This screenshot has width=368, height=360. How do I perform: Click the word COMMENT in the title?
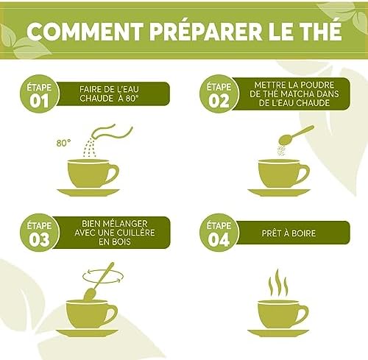click(85, 32)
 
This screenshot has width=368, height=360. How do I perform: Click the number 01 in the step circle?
click(39, 101)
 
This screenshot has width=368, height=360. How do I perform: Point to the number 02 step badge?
click(219, 93)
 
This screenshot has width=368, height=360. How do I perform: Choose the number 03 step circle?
click(39, 233)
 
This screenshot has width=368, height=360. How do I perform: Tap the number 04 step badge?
click(219, 233)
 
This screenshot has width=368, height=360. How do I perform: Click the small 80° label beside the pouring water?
click(63, 143)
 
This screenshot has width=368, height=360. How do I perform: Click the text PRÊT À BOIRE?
click(289, 233)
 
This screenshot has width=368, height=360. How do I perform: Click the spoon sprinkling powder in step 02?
click(297, 135)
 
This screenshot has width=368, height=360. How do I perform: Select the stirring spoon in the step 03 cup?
click(99, 281)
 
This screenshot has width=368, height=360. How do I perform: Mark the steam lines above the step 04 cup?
click(278, 282)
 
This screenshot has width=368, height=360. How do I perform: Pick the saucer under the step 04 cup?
click(278, 333)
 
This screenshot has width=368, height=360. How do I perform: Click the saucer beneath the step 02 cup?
click(279, 192)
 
